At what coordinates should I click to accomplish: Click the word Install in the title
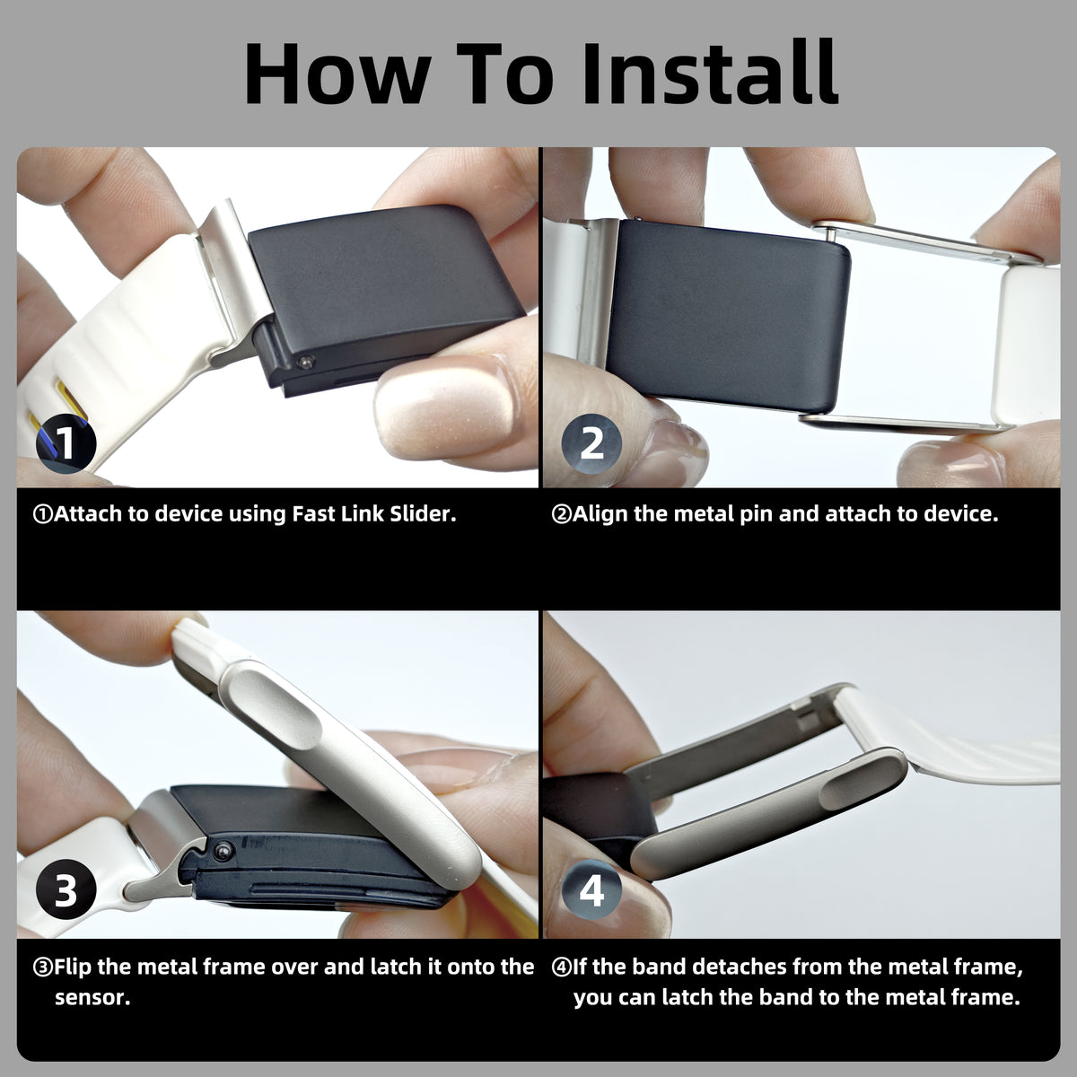click(710, 73)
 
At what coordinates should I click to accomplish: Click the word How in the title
click(337, 73)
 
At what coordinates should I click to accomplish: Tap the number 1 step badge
click(66, 443)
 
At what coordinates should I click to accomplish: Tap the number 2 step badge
click(591, 443)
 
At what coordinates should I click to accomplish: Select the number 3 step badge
click(66, 889)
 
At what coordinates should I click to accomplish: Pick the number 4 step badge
click(591, 890)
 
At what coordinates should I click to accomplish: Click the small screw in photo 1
click(305, 363)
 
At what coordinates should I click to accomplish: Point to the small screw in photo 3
click(223, 852)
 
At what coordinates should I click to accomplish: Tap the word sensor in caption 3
click(92, 998)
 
